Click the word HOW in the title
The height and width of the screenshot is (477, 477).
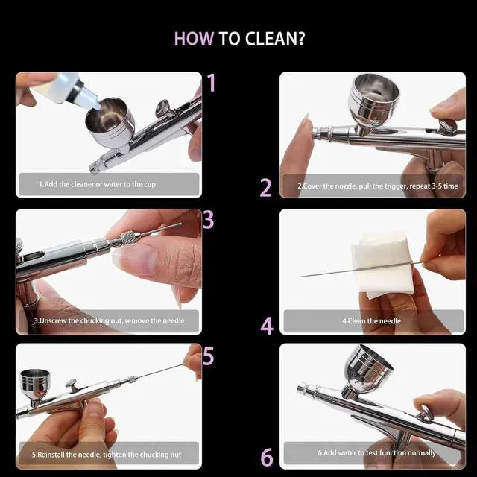194,39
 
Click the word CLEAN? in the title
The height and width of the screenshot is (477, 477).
275,39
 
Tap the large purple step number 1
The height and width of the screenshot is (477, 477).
212,83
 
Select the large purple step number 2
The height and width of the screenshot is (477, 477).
265,187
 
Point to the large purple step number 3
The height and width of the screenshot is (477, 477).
209,220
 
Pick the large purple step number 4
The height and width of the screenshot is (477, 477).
267,326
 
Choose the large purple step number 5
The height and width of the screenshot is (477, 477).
209,356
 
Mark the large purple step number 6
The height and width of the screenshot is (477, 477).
267,457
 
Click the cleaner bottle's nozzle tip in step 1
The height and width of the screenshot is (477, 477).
98,107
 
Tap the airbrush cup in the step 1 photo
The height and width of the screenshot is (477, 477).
110,121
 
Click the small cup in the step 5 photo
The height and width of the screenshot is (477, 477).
34,385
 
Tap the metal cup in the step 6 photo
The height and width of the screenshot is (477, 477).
367,369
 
